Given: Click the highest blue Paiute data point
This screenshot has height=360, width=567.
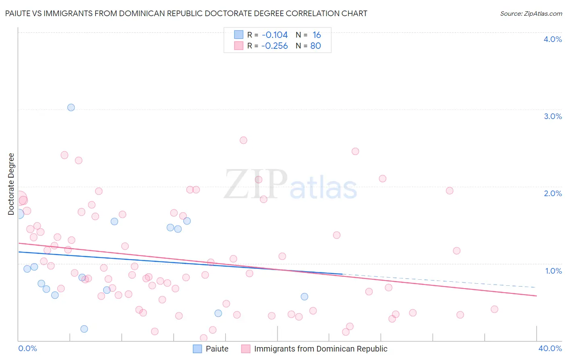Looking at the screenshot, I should [71, 107].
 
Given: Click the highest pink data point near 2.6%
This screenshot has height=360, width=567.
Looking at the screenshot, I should [243, 140].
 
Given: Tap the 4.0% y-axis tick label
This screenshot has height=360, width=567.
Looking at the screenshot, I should [552, 39].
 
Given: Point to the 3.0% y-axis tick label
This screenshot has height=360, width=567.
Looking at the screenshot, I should [552, 116].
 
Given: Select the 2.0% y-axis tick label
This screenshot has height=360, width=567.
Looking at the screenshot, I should [552, 193].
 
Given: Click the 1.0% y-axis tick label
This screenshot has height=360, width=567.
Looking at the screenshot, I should [553, 271].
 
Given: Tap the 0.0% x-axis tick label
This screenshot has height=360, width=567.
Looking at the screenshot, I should [27, 348].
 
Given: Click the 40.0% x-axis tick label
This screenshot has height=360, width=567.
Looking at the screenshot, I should [550, 348].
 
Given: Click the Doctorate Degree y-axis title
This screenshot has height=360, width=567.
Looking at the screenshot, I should [11, 184].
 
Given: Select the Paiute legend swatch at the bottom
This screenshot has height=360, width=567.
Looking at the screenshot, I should [197, 349].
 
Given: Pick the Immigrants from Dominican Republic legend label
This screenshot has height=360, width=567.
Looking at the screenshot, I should [321, 349].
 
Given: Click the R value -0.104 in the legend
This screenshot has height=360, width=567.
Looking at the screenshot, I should [275, 35].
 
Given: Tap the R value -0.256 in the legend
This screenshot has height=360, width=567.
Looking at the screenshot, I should [275, 46].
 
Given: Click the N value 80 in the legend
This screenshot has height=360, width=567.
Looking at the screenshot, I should [315, 46].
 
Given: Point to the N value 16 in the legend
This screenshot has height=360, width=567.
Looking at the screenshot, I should [317, 35].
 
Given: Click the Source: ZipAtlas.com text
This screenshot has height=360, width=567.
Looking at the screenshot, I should [531, 14].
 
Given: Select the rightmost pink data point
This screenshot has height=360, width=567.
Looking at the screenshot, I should [494, 309].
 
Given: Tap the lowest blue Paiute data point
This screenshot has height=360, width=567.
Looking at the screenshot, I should [84, 329].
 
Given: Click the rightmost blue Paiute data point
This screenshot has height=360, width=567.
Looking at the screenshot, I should [304, 297].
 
